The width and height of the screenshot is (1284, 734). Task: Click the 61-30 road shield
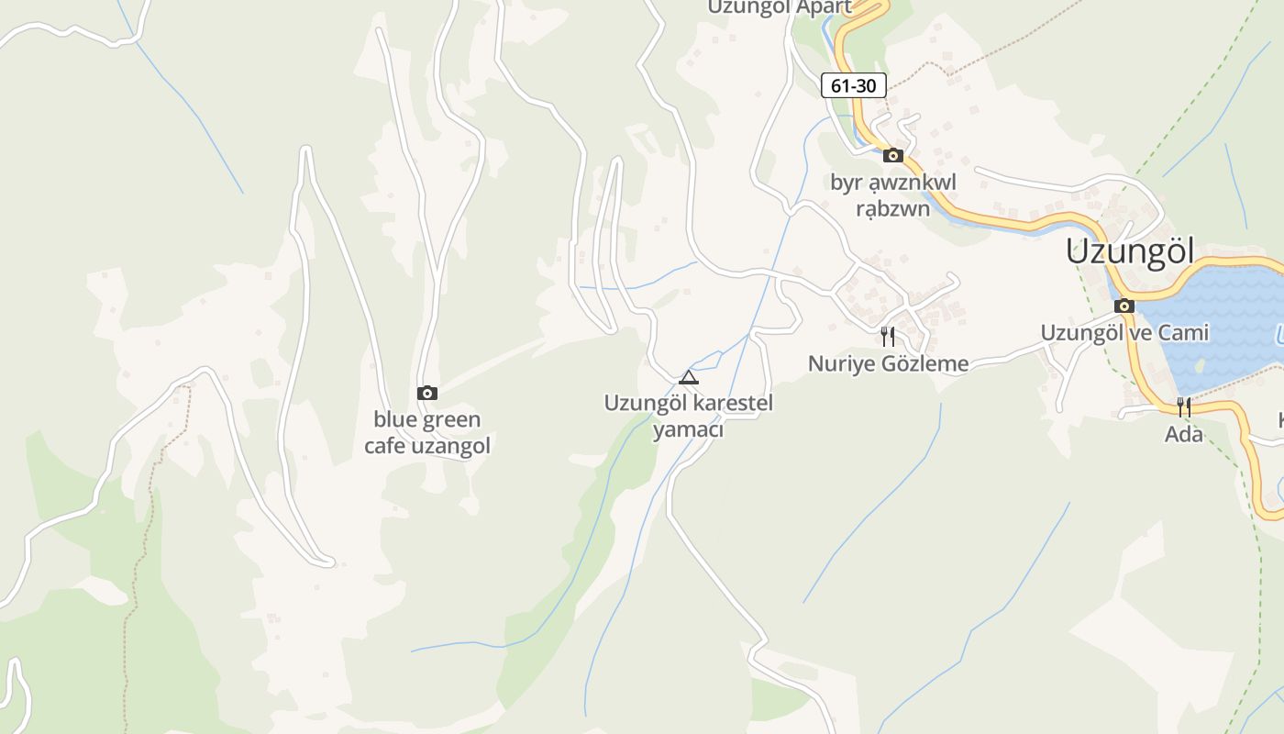(853, 86)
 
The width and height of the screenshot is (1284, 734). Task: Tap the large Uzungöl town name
(1130, 251)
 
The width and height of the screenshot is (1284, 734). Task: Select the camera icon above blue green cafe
(427, 393)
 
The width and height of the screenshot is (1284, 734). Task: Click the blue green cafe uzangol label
(427, 433)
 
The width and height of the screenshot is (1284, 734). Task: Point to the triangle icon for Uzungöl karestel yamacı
(689, 377)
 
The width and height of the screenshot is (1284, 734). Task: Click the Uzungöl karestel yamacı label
(689, 416)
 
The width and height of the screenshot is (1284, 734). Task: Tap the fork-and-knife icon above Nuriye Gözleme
(887, 337)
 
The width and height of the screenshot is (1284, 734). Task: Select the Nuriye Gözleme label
(888, 363)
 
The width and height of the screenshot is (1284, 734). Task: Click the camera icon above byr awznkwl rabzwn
(893, 155)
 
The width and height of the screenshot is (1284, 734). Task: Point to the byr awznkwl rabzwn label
(893, 195)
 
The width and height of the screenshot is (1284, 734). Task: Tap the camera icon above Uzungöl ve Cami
(1124, 306)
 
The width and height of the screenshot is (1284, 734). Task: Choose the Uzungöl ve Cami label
(1124, 332)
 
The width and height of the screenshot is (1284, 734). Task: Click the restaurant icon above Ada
(1184, 406)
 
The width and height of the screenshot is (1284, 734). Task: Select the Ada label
(1184, 434)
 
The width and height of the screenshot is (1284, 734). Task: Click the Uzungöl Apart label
(780, 7)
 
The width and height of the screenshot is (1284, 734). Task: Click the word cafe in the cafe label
(386, 446)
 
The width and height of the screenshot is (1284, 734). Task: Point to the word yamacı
(689, 429)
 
